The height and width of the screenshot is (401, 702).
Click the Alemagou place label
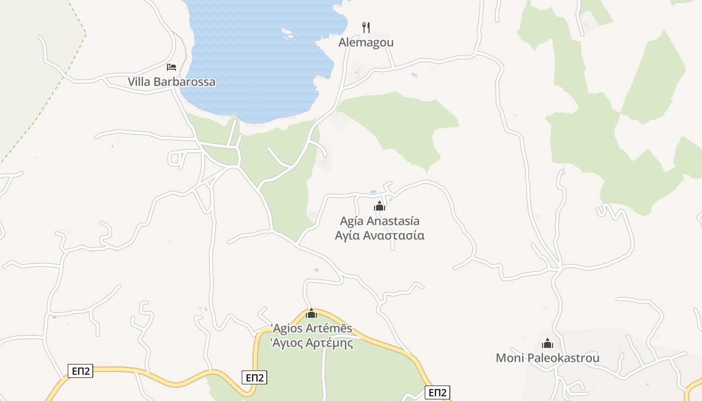366,43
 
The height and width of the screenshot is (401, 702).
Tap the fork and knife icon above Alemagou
366,27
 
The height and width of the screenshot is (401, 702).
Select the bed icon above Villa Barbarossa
171,67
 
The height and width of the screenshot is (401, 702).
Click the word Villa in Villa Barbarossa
138,82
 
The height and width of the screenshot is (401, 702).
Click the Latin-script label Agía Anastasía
380,221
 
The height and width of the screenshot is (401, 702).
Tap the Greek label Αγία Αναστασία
380,236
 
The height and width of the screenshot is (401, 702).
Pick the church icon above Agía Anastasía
380,206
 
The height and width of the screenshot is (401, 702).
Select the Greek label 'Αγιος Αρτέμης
311,343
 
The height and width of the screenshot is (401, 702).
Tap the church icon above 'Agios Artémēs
311,314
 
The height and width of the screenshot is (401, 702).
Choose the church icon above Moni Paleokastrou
548,343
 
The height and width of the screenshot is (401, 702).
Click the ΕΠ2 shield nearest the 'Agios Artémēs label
255,377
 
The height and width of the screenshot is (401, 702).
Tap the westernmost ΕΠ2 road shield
80,371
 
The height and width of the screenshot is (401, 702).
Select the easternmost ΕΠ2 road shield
437,392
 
